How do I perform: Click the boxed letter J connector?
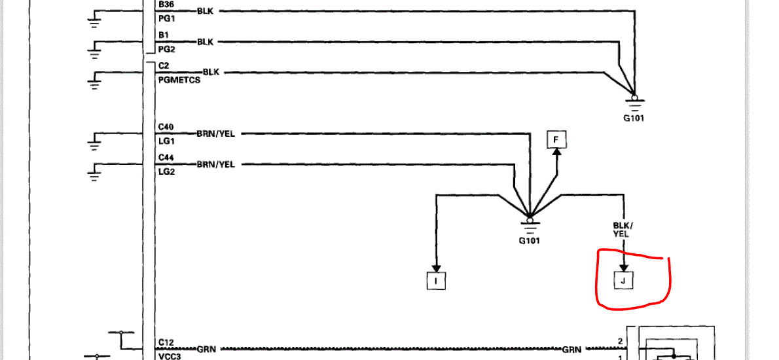(x=624, y=281)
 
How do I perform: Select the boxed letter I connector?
(x=435, y=281)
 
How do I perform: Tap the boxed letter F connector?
(x=556, y=139)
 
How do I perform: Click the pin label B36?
(x=166, y=3)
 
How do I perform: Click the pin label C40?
(x=166, y=128)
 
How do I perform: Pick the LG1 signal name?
(x=166, y=141)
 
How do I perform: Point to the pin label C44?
(x=166, y=158)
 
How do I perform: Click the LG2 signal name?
(x=166, y=172)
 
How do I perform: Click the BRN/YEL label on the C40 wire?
(x=215, y=134)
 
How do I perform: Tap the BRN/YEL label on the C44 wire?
(x=215, y=164)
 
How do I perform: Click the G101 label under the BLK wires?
(x=634, y=119)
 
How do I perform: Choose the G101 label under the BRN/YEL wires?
(x=530, y=240)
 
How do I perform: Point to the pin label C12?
(x=166, y=342)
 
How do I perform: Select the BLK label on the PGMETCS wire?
(x=211, y=72)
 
